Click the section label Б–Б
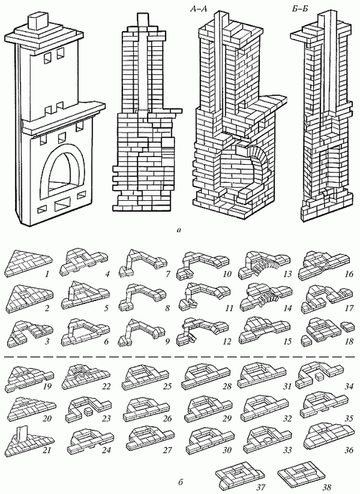(x=300, y=9)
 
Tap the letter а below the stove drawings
(x=179, y=230)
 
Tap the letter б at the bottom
(x=180, y=482)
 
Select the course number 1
(x=47, y=275)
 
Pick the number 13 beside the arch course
(x=287, y=274)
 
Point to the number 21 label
(x=47, y=451)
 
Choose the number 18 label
(x=349, y=341)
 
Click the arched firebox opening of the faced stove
(x=62, y=171)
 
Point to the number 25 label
(x=167, y=386)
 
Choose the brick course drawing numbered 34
(x=319, y=373)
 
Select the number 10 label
(x=227, y=274)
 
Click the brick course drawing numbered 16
(x=325, y=264)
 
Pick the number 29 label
(x=227, y=418)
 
